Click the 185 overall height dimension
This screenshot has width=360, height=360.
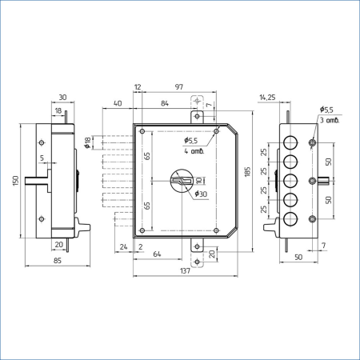(x=248, y=172)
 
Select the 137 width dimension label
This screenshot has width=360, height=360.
(x=185, y=271)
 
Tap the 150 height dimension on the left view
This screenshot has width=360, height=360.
(x=16, y=181)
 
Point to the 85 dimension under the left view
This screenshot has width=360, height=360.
(x=58, y=261)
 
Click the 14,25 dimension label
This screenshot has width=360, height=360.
(x=267, y=98)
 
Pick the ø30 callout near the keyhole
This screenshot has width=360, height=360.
(x=201, y=194)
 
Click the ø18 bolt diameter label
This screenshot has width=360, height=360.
(x=87, y=142)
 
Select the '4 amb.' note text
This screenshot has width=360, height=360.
(x=194, y=151)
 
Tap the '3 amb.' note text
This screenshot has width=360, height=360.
(x=330, y=120)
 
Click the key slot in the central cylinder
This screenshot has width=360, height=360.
(x=182, y=181)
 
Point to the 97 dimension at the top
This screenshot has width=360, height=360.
(x=179, y=87)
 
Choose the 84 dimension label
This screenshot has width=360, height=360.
(x=165, y=103)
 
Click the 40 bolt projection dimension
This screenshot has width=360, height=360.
(x=118, y=103)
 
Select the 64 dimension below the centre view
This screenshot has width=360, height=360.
(x=157, y=254)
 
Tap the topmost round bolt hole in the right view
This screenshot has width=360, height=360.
(x=290, y=142)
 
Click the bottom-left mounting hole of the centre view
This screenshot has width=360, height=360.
(x=142, y=230)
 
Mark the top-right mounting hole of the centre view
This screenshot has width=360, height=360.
(x=217, y=131)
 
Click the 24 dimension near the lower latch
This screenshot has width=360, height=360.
(x=123, y=247)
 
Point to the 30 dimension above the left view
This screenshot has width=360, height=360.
(x=62, y=98)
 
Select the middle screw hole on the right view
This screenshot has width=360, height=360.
(x=313, y=181)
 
